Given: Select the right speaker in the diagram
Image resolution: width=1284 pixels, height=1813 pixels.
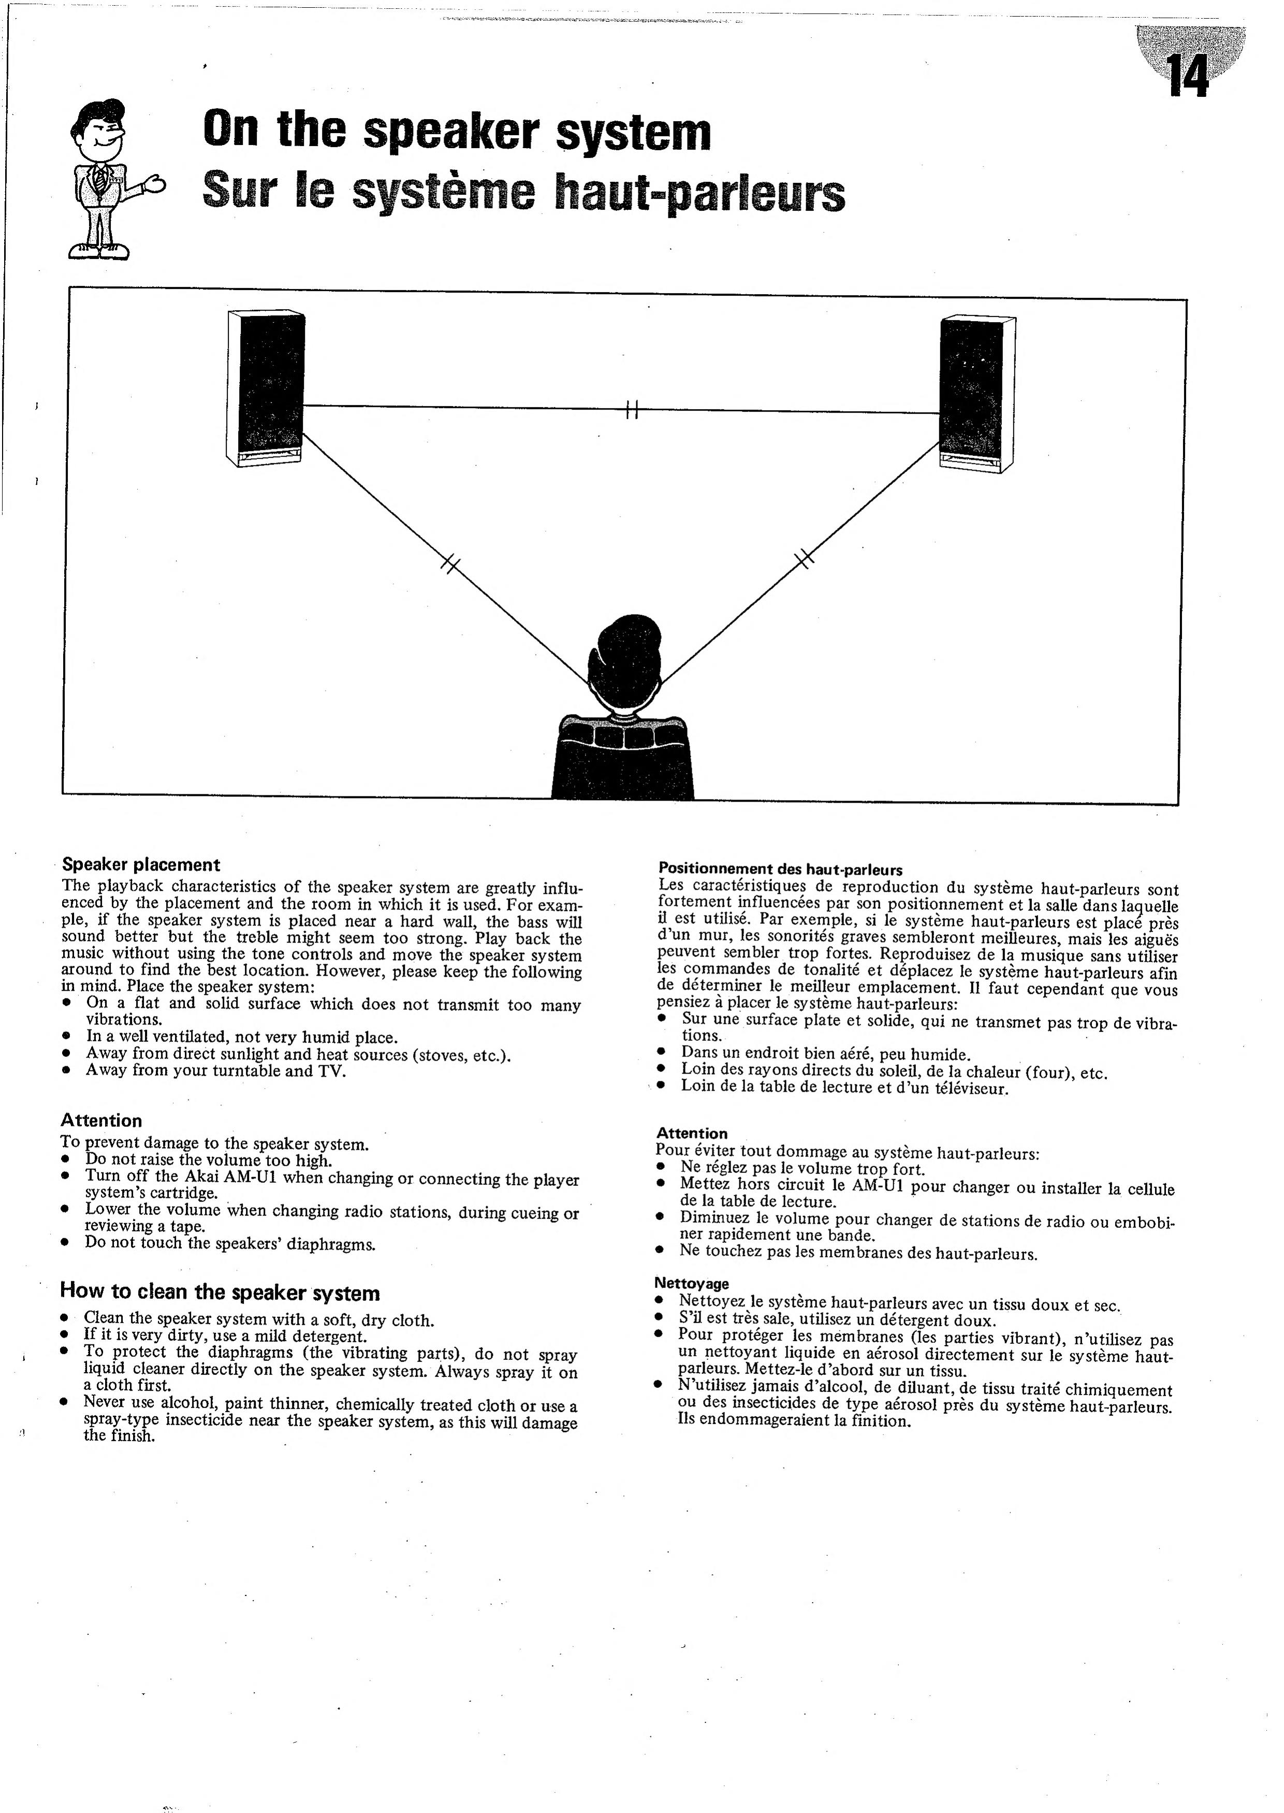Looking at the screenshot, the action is (976, 394).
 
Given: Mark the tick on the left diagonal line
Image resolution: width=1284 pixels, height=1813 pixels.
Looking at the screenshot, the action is (449, 564).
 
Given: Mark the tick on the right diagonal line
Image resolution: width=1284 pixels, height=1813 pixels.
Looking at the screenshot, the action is (804, 559).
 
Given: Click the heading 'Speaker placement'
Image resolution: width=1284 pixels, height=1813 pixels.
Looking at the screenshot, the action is (141, 865).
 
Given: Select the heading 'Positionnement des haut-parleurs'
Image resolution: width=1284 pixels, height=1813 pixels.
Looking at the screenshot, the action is (780, 871).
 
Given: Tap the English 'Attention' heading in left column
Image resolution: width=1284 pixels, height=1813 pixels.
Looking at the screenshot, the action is (101, 1121).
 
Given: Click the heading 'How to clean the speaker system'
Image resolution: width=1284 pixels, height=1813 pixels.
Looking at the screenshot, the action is (220, 1293).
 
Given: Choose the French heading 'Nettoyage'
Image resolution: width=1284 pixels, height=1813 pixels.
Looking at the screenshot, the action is (691, 1283).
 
